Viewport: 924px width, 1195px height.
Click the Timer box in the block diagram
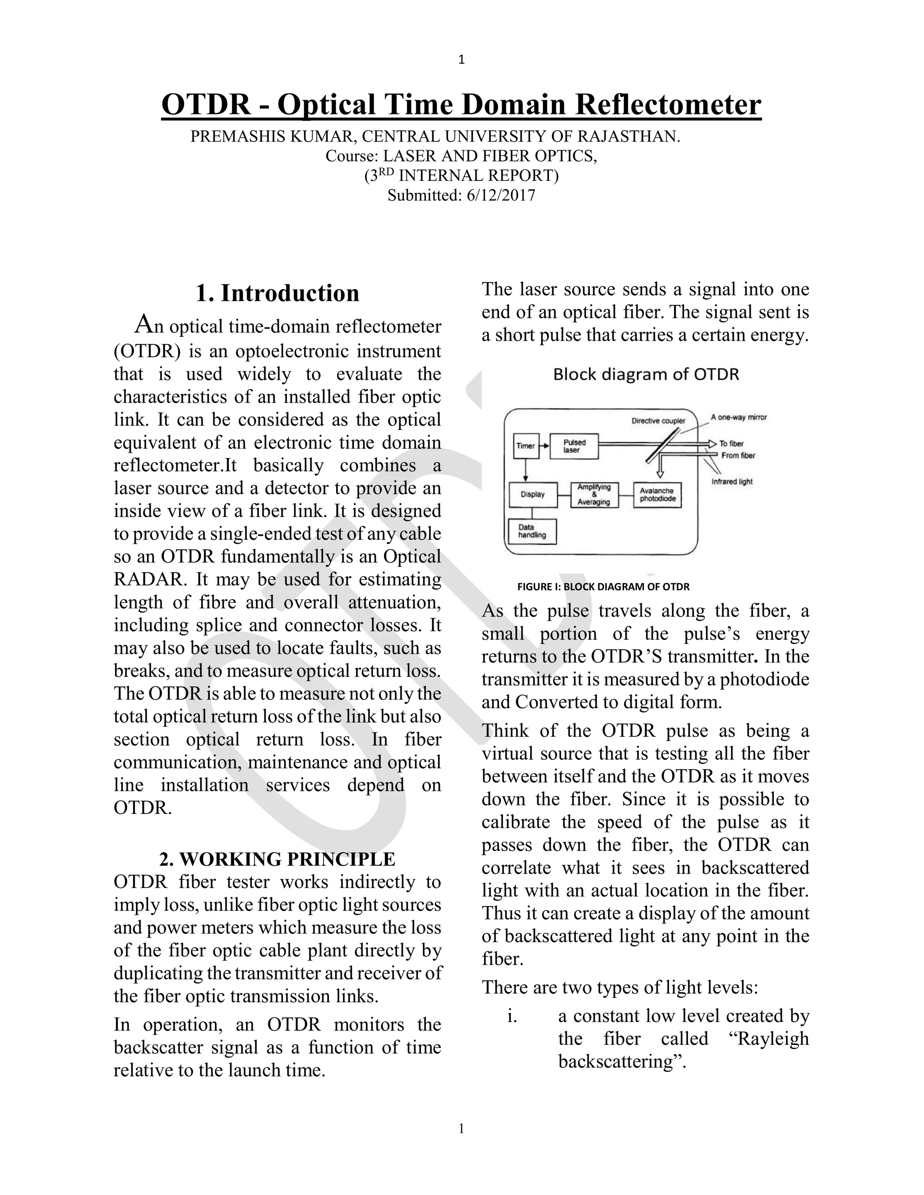click(526, 446)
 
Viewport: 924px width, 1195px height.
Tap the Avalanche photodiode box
click(657, 495)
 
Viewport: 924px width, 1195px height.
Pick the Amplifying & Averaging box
click(594, 495)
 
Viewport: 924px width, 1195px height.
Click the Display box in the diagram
click(533, 495)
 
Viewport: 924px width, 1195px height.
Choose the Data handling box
click(532, 531)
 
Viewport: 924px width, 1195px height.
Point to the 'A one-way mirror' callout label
click(739, 418)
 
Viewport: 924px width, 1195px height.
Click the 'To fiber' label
click(731, 444)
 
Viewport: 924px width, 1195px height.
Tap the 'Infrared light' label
click(732, 482)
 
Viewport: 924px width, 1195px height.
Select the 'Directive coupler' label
click(658, 421)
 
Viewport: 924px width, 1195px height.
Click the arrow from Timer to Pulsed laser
click(544, 446)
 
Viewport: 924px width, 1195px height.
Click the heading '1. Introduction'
click(277, 293)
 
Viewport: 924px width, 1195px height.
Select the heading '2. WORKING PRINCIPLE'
click(277, 859)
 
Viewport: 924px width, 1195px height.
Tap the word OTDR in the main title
click(206, 104)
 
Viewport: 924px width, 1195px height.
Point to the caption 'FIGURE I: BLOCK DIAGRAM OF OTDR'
click(603, 587)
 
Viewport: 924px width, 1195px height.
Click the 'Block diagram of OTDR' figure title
click(646, 375)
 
